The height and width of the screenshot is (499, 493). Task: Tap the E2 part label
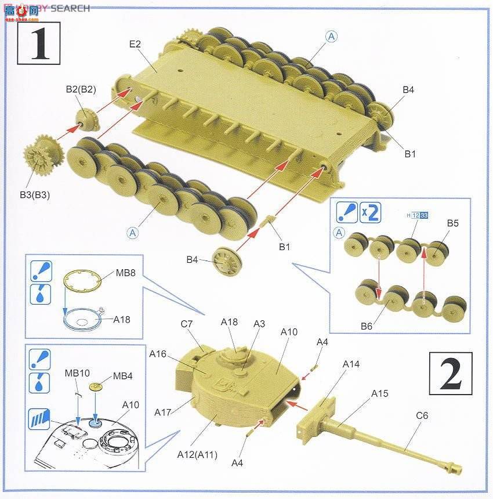coord(135,45)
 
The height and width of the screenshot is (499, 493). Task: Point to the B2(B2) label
coord(81,89)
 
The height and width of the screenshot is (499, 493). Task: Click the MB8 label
coord(125,272)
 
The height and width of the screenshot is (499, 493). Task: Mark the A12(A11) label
coord(198,454)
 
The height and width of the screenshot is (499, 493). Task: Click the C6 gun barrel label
coord(422,415)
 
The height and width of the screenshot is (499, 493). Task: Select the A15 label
coord(380,393)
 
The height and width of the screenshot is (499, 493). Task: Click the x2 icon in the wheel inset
coord(369,213)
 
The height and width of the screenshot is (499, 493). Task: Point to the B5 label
coord(452,223)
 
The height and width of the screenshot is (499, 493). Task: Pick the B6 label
coord(366,326)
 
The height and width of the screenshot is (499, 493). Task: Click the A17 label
coord(163,412)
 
